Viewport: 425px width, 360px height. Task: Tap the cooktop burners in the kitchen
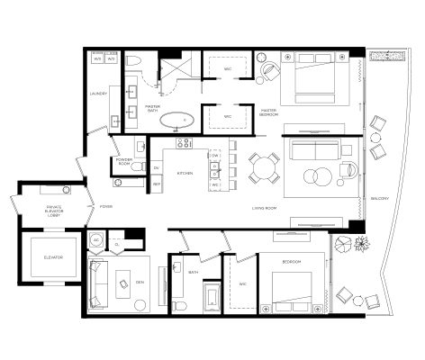pyautogui.click(x=184, y=142)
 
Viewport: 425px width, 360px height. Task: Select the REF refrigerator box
pyautogui.click(x=156, y=184)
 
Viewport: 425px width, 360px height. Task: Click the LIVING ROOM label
pyautogui.click(x=264, y=208)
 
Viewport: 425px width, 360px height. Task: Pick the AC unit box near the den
pyautogui.click(x=97, y=241)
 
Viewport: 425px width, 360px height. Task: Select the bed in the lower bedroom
pyautogui.click(x=292, y=286)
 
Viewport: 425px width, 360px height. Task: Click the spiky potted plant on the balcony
pyautogui.click(x=361, y=242)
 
